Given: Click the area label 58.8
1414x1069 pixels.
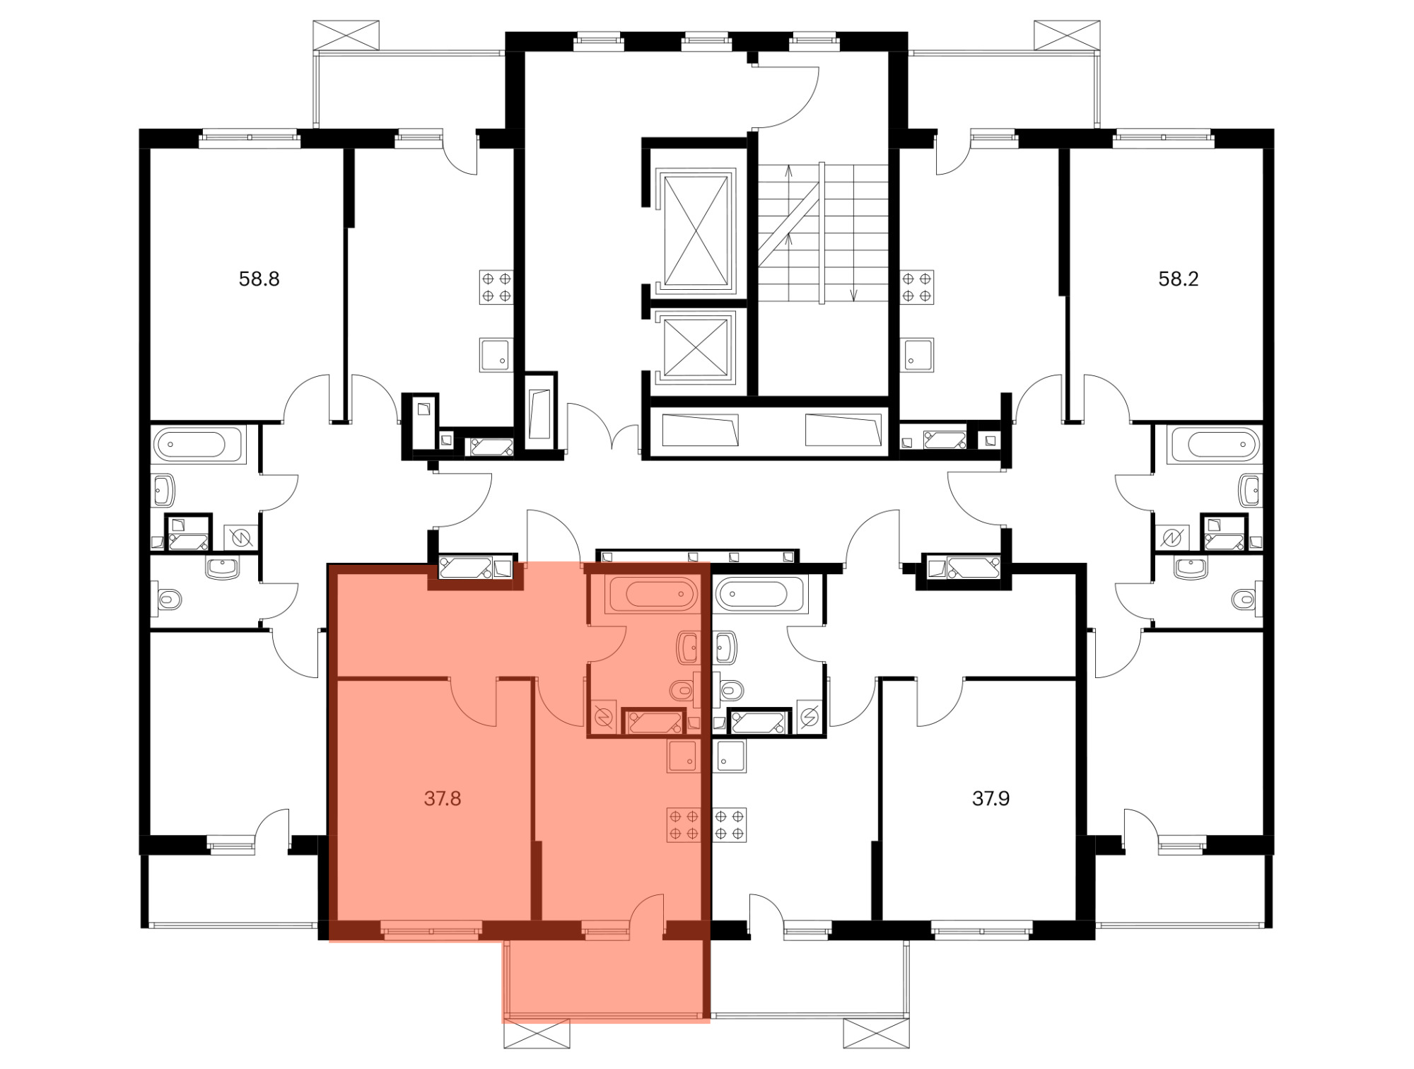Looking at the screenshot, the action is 259,279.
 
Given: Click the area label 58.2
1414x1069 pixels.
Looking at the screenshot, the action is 1178,279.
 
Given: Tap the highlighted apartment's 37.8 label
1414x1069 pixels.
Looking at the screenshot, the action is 443,798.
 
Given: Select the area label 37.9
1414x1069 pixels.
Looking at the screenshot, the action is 991,798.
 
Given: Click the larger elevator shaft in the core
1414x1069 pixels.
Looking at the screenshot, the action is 696,230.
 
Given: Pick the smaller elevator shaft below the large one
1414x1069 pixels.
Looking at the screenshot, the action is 696,347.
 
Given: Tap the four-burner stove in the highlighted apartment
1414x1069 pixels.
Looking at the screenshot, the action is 684,824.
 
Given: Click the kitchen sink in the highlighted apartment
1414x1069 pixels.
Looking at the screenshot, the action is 683,756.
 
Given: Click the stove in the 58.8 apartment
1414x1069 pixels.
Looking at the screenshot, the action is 496,287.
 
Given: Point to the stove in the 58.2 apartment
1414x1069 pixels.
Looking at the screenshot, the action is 917,287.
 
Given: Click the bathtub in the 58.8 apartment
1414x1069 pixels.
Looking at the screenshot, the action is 199,445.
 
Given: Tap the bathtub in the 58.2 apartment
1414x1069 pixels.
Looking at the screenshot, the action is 1216,445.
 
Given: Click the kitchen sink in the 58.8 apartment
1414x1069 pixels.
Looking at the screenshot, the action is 496,355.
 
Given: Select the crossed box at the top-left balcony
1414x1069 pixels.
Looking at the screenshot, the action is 346,35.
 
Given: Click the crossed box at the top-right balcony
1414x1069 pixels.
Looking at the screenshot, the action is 1068,35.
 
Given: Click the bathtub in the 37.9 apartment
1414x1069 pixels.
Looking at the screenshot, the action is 760,594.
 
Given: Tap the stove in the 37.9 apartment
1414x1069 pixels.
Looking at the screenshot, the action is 730,824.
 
